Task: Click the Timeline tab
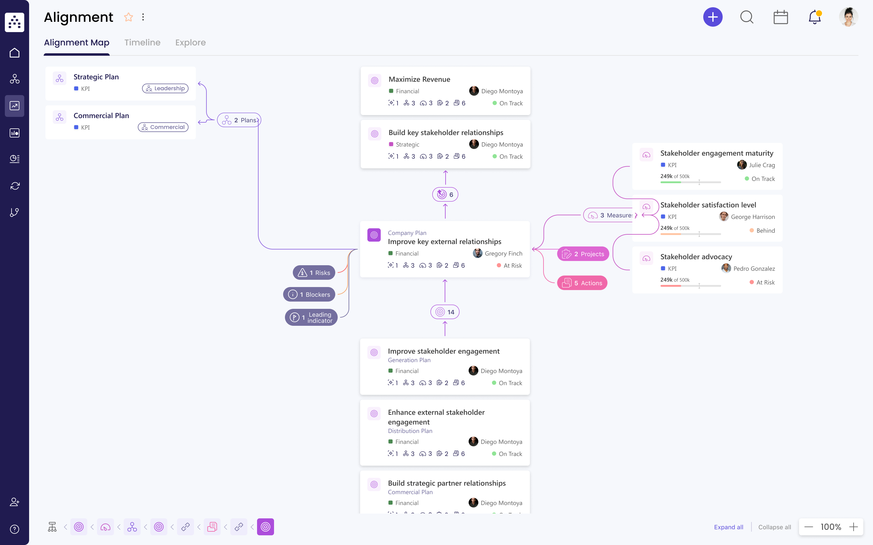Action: [x=142, y=42]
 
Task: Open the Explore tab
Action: [x=190, y=42]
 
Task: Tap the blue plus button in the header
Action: [x=713, y=17]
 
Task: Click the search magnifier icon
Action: [x=747, y=17]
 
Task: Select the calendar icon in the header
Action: [x=781, y=17]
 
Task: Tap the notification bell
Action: [x=814, y=17]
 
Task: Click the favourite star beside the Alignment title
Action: [x=129, y=17]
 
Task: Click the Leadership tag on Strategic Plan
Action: [x=165, y=88]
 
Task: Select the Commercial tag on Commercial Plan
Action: [x=163, y=127]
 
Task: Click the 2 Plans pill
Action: [x=239, y=120]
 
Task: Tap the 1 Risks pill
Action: [x=314, y=273]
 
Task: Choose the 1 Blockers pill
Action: [x=309, y=295]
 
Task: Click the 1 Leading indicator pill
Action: [x=311, y=318]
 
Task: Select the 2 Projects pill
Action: [x=583, y=254]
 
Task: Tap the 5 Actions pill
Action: [x=582, y=283]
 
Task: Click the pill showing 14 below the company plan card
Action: [x=445, y=312]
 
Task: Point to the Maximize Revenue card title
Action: [x=419, y=79]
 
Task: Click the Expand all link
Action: [x=729, y=527]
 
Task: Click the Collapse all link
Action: [x=774, y=527]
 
